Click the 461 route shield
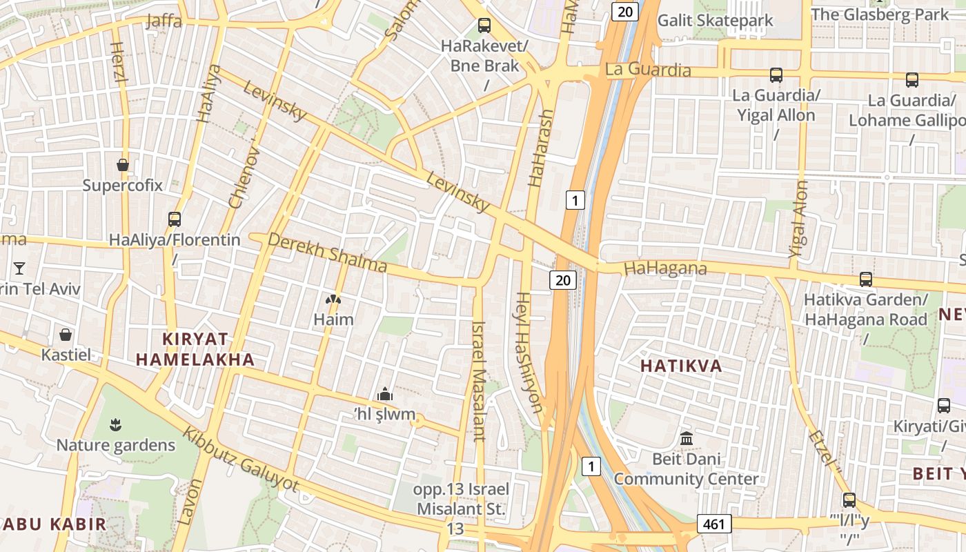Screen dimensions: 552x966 click(713, 524)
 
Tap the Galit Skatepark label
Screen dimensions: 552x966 click(716, 20)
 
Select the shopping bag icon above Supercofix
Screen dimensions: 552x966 click(123, 165)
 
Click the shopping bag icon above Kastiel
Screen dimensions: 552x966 click(66, 335)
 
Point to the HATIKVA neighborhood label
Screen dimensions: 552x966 click(681, 366)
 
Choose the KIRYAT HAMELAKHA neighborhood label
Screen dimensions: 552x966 click(195, 348)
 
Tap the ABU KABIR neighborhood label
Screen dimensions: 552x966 click(54, 524)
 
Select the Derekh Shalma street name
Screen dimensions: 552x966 click(327, 252)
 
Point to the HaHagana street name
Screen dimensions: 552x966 click(665, 268)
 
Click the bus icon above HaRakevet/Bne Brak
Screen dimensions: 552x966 click(484, 26)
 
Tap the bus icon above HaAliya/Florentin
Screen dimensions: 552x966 click(175, 219)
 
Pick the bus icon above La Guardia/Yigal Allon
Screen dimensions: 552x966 click(776, 75)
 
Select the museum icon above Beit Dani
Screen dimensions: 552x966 click(687, 438)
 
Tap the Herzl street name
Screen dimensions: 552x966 click(119, 61)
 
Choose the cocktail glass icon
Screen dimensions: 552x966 click(19, 268)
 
